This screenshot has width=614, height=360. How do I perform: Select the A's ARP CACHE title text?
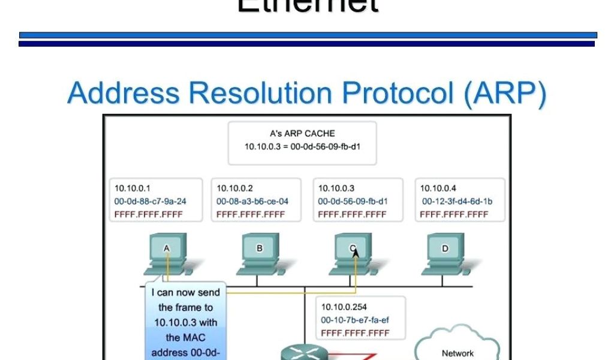tap(302, 133)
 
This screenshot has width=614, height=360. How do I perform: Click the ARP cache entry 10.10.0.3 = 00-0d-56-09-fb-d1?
tap(302, 146)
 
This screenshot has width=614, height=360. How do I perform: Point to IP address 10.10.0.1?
tap(132, 188)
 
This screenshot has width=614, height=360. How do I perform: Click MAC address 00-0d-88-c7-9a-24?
tap(150, 201)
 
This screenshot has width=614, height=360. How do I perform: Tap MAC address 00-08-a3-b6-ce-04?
tap(252, 201)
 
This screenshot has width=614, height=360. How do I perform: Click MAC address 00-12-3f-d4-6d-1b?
tap(458, 201)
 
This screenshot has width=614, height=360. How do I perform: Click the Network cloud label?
tap(458, 353)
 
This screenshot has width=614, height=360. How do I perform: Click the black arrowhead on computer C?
tap(356, 253)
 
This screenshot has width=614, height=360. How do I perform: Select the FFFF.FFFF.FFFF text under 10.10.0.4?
tap(454, 214)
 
